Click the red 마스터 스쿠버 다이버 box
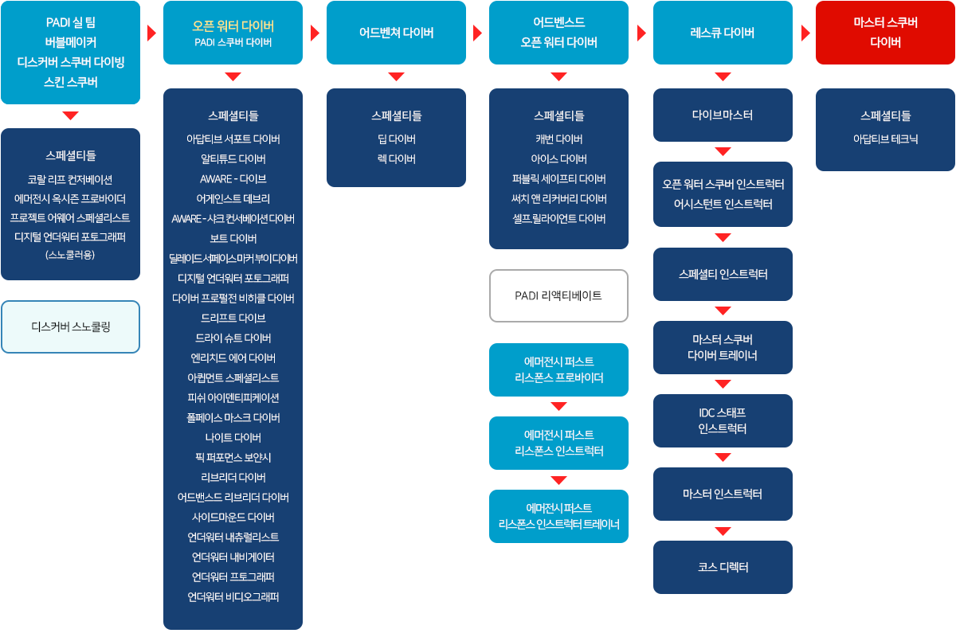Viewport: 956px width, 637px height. click(885, 33)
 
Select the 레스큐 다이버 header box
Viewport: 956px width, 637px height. click(723, 33)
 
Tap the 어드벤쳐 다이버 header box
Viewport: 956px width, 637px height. click(396, 33)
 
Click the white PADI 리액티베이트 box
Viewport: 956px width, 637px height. click(558, 295)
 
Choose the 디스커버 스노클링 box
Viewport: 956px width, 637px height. click(70, 326)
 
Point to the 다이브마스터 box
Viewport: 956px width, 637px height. click(723, 115)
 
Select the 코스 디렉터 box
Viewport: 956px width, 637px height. click(723, 567)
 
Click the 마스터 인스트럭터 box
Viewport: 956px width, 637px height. click(723, 494)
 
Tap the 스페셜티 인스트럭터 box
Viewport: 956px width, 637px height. click(723, 274)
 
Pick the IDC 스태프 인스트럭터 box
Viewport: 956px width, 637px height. click(723, 420)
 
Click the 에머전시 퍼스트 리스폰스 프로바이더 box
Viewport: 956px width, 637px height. click(558, 369)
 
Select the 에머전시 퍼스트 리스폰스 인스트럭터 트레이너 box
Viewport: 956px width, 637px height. click(558, 516)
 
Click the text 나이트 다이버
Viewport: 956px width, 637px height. click(233, 437)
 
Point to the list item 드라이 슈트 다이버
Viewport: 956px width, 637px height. click(233, 338)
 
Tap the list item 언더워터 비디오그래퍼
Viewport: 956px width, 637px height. click(233, 596)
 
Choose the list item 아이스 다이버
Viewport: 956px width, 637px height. click(558, 158)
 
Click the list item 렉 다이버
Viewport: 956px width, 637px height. click(396, 158)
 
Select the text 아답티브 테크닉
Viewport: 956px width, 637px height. click(885, 139)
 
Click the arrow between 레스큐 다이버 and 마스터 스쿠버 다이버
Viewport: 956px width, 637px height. click(805, 33)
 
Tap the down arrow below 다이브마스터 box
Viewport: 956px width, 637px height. click(723, 151)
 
